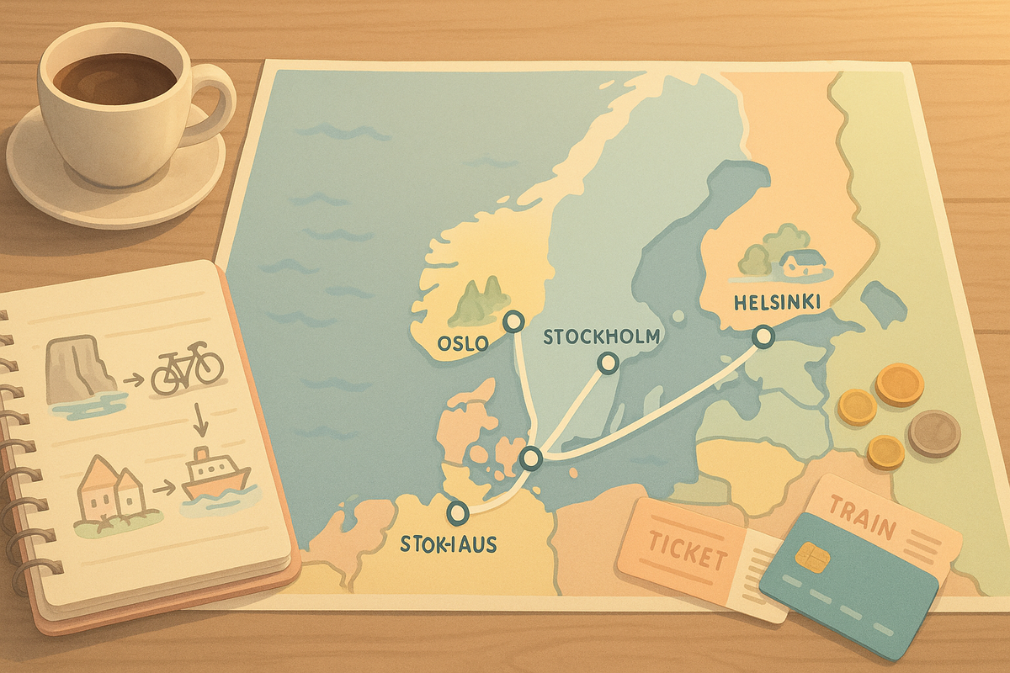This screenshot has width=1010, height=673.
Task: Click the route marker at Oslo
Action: (x=512, y=321)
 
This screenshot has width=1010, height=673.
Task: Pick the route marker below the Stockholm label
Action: (x=607, y=363)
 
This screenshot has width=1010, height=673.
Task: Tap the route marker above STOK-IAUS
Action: (x=458, y=511)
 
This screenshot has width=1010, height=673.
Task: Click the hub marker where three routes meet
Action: (x=530, y=459)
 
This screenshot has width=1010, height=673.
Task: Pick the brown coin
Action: (x=934, y=432)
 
